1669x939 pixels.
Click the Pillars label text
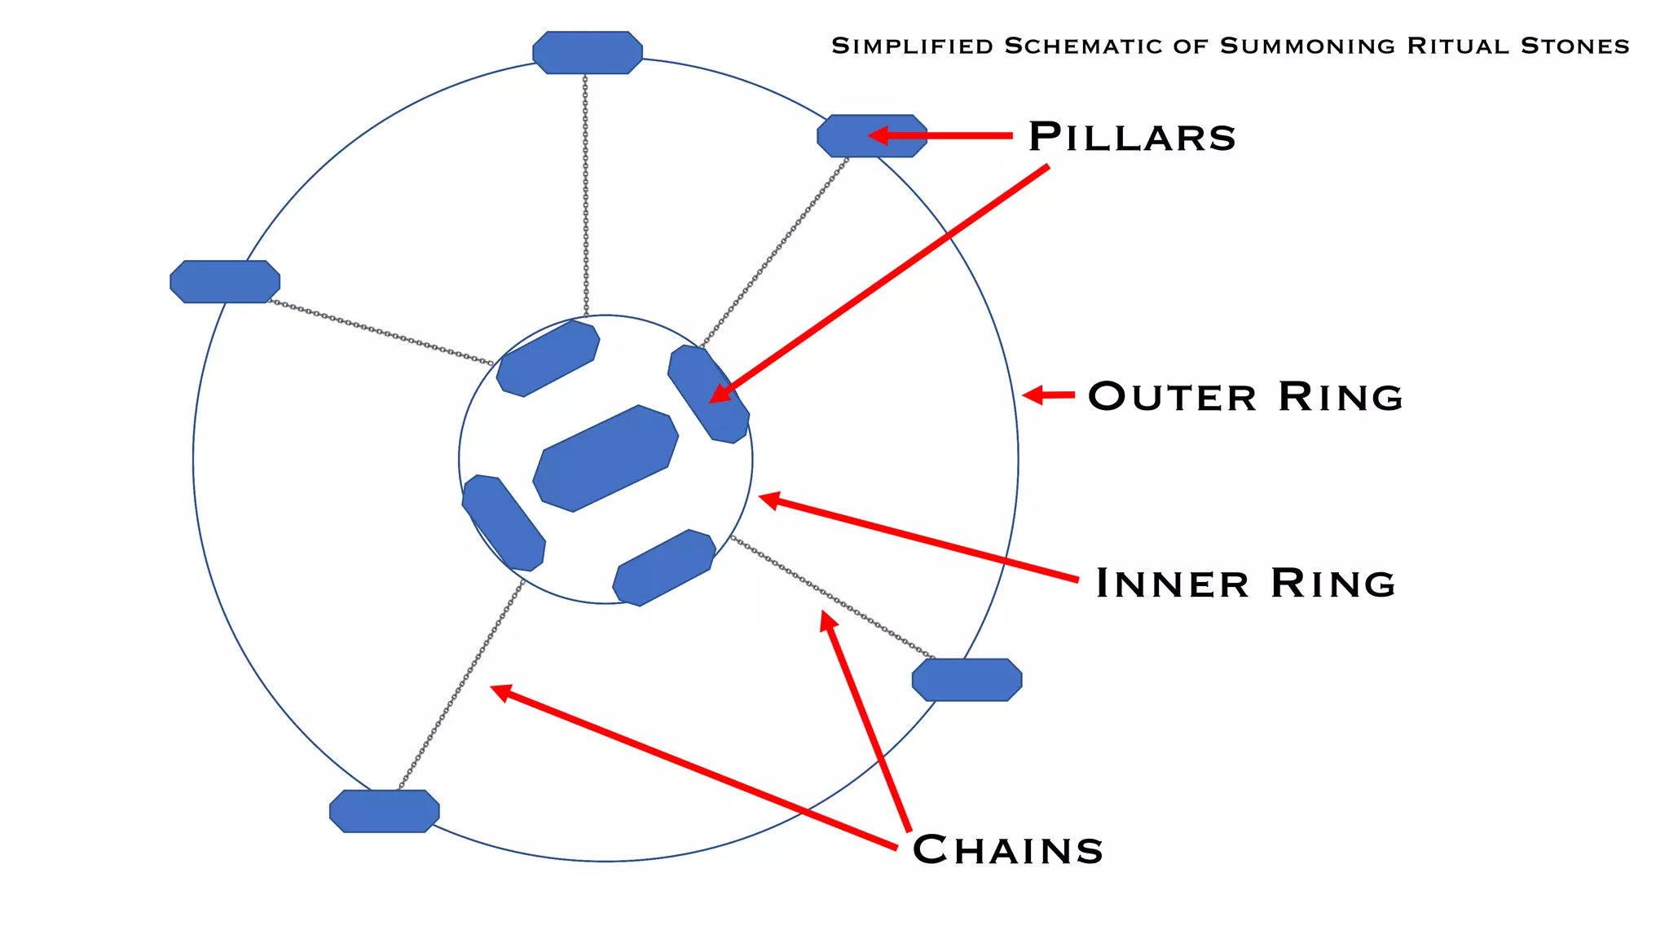click(x=1131, y=137)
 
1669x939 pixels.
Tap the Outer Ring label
click(x=1245, y=397)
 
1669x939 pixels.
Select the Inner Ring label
click(x=1245, y=584)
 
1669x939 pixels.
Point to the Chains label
click(x=1007, y=850)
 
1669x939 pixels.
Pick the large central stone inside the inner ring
click(x=606, y=459)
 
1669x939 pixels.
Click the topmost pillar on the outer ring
click(x=588, y=53)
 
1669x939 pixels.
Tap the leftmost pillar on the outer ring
click(x=225, y=282)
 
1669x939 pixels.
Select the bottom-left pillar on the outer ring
click(x=385, y=811)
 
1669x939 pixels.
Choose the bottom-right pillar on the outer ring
click(x=967, y=680)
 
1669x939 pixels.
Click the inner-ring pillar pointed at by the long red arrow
click(x=707, y=395)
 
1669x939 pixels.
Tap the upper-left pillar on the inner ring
click(x=548, y=359)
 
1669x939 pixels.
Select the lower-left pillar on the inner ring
click(x=503, y=523)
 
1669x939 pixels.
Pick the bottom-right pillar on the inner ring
click(x=664, y=567)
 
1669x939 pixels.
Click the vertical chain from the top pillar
click(x=585, y=196)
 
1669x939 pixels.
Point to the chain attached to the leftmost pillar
click(x=379, y=332)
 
